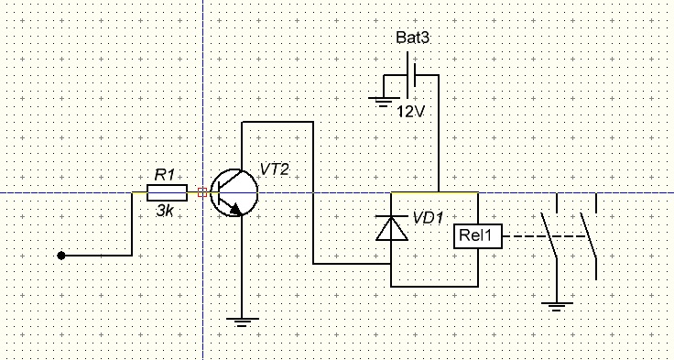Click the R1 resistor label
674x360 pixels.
[165, 175]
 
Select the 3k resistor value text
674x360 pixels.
[165, 211]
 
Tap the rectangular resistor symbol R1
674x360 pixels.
[167, 192]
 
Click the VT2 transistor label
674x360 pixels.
[274, 169]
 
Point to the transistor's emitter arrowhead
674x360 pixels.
[235, 210]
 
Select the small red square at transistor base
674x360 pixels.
[202, 192]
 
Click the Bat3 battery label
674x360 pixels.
[412, 38]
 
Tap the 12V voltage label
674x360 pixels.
[410, 112]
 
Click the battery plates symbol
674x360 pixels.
[411, 75]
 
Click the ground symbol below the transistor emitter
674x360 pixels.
[242, 322]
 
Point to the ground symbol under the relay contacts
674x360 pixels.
[557, 307]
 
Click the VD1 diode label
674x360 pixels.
[428, 218]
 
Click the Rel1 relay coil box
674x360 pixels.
[478, 236]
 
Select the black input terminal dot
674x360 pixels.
[61, 256]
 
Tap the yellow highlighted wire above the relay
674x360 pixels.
[434, 192]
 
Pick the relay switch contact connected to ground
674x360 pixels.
[549, 235]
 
